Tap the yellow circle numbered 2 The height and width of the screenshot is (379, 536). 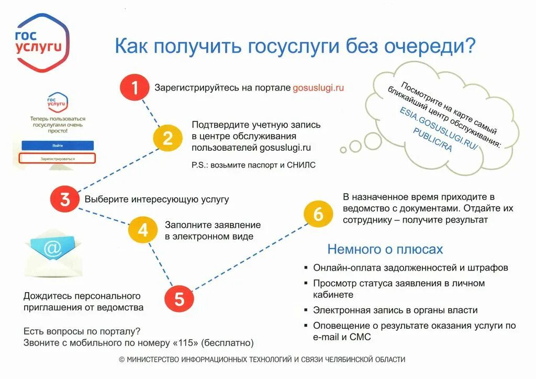point(167,138)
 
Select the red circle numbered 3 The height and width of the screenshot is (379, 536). point(64,199)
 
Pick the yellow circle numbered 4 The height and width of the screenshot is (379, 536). point(142,229)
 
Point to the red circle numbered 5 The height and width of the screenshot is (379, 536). point(179,299)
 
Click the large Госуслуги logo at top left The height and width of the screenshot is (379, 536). point(41,42)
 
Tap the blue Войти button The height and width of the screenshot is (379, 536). point(58,145)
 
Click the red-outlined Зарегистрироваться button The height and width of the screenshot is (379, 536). point(58,158)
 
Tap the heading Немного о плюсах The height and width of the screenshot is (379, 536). point(385,249)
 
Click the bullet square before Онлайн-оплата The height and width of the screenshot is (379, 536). point(306,268)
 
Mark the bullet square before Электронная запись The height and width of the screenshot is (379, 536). point(306,310)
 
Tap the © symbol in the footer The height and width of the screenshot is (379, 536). point(121,360)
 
